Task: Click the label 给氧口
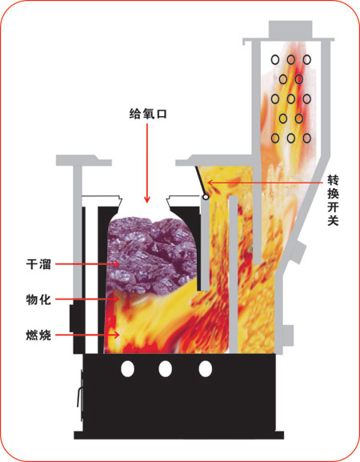148,114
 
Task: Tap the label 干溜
38,263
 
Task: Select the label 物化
38,299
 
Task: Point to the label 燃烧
38,335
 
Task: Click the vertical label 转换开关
334,200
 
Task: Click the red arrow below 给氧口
147,163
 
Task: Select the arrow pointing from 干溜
87,263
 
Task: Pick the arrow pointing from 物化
87,299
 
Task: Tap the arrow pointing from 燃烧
87,335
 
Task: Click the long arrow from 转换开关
265,183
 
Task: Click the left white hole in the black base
127,369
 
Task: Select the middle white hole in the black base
165,369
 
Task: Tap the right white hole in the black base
205,369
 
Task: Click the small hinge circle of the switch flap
206,197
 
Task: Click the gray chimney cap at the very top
290,29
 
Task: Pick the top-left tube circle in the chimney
275,60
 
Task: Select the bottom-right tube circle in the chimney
306,138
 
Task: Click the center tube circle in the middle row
291,99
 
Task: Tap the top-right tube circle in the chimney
306,60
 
